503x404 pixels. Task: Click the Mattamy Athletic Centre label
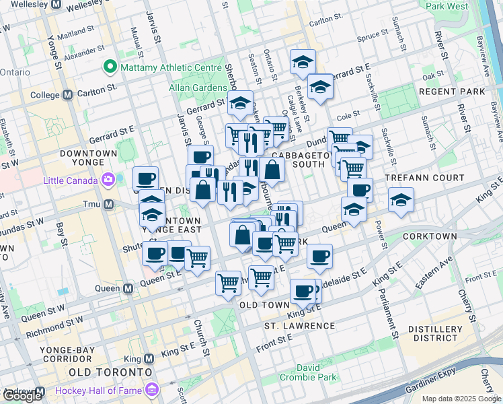[171, 67]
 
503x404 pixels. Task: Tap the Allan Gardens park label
[198, 88]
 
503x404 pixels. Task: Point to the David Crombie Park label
[317, 372]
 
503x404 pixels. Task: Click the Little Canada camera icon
[108, 179]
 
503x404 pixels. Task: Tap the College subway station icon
[67, 95]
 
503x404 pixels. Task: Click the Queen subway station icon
[128, 288]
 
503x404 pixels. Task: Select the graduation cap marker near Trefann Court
[401, 200]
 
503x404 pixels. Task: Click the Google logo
[22, 396]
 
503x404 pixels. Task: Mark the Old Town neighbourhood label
[264, 305]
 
